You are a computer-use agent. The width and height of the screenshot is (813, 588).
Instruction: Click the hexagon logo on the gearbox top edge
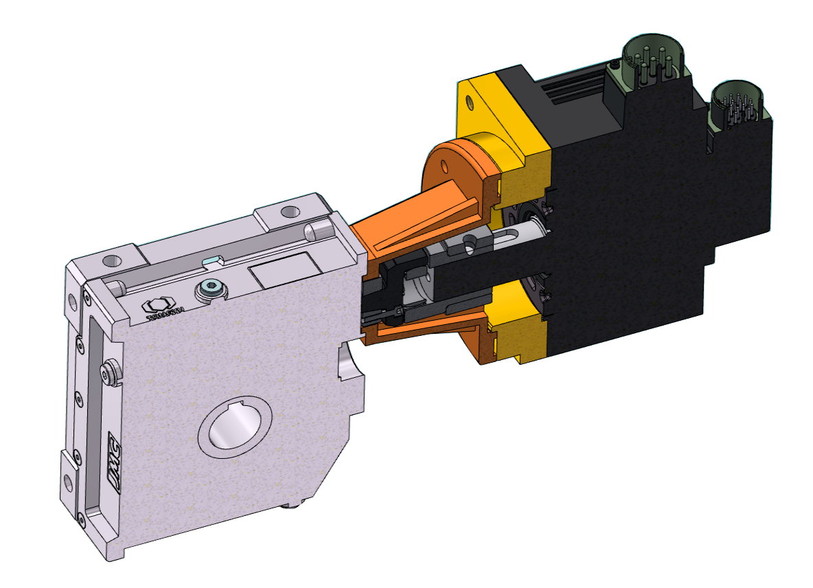(x=160, y=308)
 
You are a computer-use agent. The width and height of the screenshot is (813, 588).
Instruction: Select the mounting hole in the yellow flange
(x=469, y=104)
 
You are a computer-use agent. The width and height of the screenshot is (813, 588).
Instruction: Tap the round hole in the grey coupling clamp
(x=470, y=241)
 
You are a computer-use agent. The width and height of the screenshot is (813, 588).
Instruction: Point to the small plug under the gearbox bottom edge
(x=294, y=506)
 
